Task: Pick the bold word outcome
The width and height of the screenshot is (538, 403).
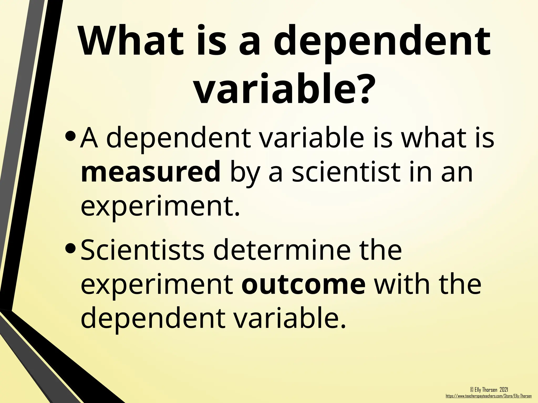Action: click(303, 284)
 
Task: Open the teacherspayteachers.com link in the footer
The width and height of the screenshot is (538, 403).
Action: click(489, 396)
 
